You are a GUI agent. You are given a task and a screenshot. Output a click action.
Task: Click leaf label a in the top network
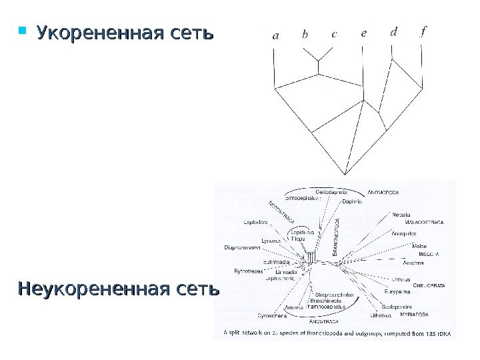click(276, 36)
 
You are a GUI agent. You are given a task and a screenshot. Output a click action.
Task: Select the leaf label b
click(305, 35)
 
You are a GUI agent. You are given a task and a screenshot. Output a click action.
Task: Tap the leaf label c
click(334, 35)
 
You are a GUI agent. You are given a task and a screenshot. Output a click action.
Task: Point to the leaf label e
click(363, 33)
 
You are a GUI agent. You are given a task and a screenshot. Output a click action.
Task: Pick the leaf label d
click(393, 33)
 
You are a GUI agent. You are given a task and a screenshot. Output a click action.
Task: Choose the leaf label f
click(423, 32)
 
